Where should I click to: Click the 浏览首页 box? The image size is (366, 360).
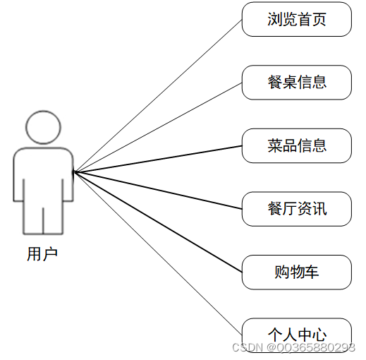(x=297, y=19)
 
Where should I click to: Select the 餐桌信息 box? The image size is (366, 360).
(x=297, y=83)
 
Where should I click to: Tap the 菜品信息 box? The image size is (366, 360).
(x=297, y=145)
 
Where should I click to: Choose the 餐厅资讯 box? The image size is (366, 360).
(x=297, y=209)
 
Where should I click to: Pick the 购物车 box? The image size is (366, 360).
(x=297, y=272)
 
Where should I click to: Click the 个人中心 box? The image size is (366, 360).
(x=297, y=335)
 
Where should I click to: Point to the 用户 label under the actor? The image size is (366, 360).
(x=42, y=254)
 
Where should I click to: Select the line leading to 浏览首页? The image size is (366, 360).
(x=158, y=96)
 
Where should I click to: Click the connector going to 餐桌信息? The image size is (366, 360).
(x=158, y=127)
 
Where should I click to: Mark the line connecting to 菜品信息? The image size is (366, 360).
(x=158, y=159)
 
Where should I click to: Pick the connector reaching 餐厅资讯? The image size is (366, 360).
(x=158, y=191)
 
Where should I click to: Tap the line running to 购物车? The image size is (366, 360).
(x=158, y=222)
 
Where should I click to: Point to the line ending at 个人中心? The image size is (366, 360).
(x=158, y=253)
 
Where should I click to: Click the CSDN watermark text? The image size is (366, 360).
(x=293, y=347)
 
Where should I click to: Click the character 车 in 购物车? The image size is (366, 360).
(x=311, y=272)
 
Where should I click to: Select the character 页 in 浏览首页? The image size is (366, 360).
(x=319, y=19)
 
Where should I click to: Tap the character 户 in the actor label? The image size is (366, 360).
(x=50, y=254)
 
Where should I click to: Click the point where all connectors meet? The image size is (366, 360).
(x=74, y=172)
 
